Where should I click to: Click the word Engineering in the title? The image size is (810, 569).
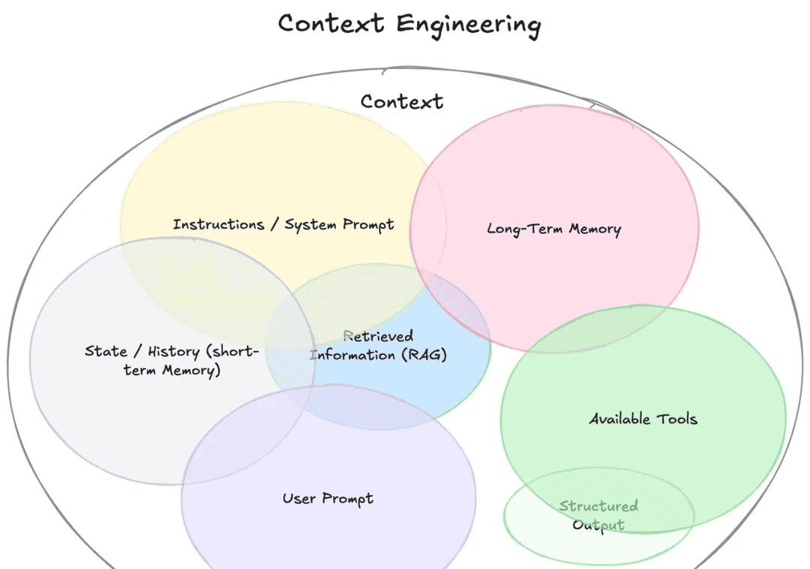coord(468,25)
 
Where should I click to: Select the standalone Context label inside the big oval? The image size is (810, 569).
coord(401,101)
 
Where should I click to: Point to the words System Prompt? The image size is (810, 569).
coord(339,225)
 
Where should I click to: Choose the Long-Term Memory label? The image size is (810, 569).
coord(553,229)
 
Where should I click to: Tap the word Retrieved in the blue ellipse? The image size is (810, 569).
coord(379,336)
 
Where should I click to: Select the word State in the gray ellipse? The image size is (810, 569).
coord(106,351)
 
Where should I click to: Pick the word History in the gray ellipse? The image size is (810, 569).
coord(173,352)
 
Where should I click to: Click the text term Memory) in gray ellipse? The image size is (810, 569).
coord(172,370)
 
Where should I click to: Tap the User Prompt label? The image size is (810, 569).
coord(328,499)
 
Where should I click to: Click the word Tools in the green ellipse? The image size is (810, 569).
coord(676,418)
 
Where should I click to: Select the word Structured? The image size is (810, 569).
coord(598,506)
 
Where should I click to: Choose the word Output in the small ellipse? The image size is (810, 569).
coord(598,525)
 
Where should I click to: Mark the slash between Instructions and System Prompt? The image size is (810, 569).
coord(274,224)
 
